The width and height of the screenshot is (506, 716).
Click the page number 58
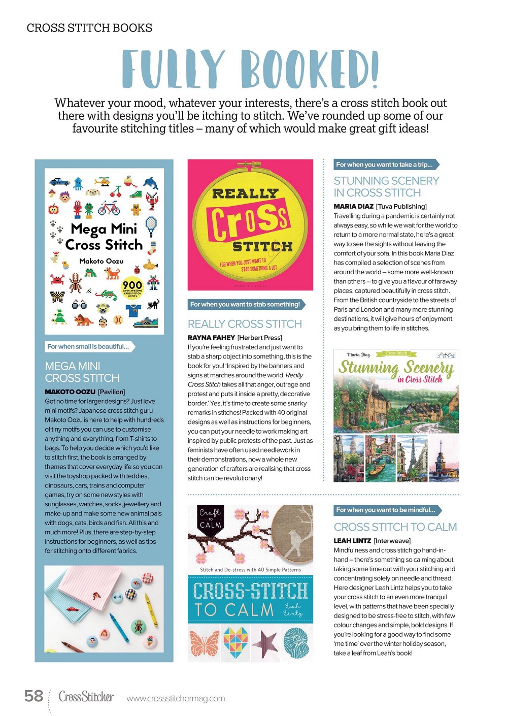click(33, 696)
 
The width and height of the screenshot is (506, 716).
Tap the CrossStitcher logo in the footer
click(86, 696)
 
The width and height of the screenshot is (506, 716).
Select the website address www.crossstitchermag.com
click(176, 698)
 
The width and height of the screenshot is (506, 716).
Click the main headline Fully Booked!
click(250, 69)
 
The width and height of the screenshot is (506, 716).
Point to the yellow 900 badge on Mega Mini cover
click(132, 287)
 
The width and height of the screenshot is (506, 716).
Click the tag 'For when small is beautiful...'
click(88, 346)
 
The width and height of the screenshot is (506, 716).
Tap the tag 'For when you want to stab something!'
click(245, 304)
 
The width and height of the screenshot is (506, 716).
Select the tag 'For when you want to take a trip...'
click(385, 165)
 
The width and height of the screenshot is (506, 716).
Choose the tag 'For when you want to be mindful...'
click(386, 510)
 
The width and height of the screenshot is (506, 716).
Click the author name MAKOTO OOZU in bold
click(70, 392)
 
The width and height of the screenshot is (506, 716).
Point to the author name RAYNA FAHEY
click(211, 337)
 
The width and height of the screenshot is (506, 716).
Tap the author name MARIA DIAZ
click(353, 206)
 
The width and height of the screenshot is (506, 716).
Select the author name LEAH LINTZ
click(352, 541)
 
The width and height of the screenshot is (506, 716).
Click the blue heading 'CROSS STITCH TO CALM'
click(395, 527)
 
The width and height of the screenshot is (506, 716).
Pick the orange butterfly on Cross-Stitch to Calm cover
click(205, 643)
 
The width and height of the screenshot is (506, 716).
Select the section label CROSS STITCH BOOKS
click(89, 28)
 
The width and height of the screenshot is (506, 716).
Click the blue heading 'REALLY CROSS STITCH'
click(245, 324)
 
